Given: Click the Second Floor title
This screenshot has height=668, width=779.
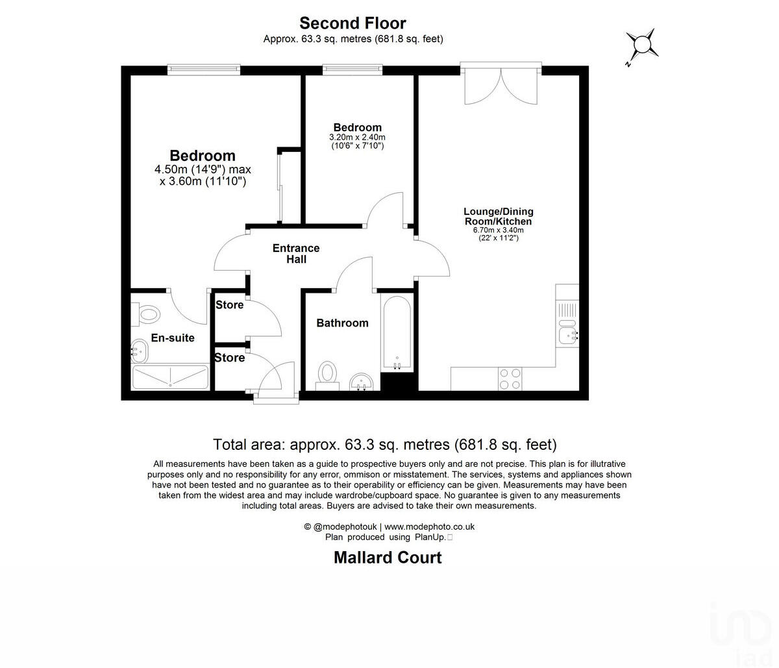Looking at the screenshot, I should point(352,23).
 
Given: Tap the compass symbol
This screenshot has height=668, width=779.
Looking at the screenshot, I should point(642,45).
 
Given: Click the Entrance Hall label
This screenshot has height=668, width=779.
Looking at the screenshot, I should point(296,254).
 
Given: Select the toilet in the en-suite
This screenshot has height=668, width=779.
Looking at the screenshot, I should point(147,315).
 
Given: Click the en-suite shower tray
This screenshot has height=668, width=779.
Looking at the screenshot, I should point(170,377).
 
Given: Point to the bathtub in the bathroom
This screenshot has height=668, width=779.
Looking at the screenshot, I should point(396,333).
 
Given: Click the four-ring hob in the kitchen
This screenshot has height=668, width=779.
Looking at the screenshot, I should point(510,378).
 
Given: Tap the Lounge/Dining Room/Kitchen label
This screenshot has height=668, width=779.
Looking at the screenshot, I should point(498,216).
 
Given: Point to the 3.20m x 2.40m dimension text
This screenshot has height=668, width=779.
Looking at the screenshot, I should point(357,138).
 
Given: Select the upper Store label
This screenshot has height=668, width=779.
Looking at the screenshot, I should point(229,305).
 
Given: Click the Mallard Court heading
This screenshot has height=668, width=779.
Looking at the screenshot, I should point(388,558).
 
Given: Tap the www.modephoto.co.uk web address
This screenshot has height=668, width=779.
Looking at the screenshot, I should point(430,527).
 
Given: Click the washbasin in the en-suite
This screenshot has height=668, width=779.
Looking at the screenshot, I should point(140,352).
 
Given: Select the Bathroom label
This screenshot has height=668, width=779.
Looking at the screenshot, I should point(342,323).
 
